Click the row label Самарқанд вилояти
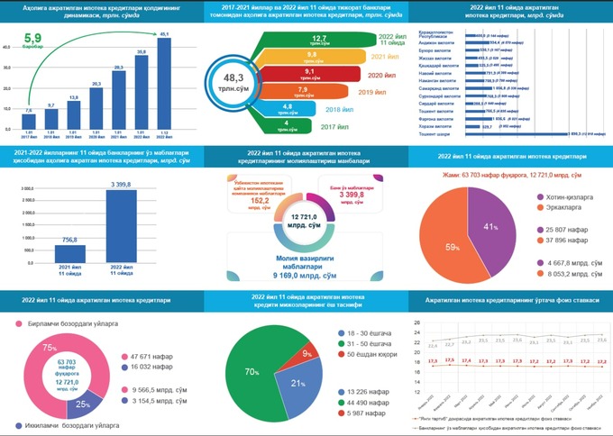[439, 88]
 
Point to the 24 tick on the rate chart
[416, 332]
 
